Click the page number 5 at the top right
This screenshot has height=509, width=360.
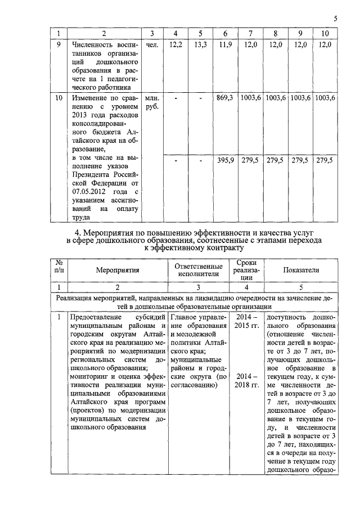point(335,19)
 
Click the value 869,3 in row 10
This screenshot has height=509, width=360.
point(225,97)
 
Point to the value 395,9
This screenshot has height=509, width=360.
point(225,160)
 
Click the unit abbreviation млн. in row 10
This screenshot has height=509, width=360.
point(152,97)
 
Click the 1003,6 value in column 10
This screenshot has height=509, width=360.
point(325,97)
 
